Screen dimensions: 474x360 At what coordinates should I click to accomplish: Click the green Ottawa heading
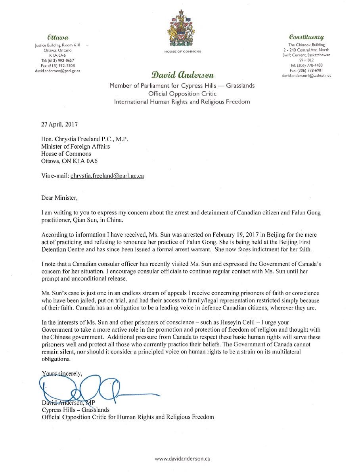[57, 37]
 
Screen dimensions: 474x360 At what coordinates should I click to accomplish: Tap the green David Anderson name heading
[182, 75]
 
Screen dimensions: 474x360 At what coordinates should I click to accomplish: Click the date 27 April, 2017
[60, 124]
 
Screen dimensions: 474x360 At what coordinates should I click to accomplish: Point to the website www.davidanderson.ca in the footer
[182, 459]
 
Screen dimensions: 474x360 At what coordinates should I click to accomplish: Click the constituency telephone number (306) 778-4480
[306, 65]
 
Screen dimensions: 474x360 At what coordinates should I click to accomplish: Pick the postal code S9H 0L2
[307, 60]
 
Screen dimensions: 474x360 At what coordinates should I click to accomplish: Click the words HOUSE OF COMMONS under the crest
[183, 52]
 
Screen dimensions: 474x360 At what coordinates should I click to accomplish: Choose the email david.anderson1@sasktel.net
[306, 75]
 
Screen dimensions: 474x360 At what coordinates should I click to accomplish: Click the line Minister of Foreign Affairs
[75, 146]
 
